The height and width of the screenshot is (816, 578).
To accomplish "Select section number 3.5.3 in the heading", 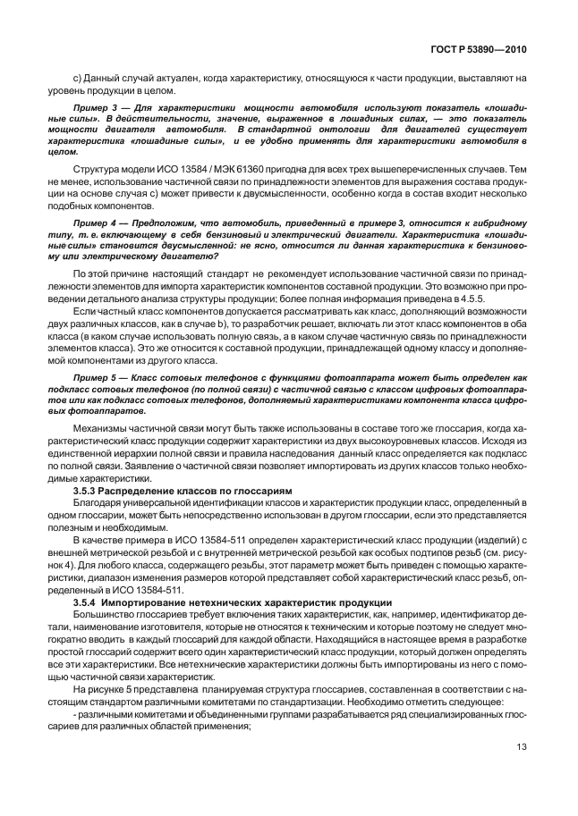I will coord(86,492).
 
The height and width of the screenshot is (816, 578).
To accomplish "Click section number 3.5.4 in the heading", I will coord(86,603).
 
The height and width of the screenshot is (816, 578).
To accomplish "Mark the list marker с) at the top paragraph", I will coord(76,79).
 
